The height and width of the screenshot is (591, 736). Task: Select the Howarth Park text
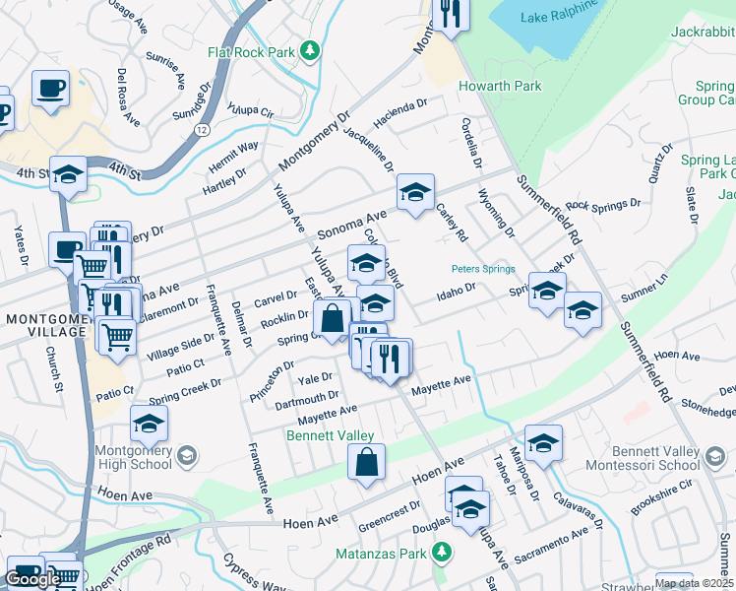(500, 86)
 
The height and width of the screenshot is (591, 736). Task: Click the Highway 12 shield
(201, 129)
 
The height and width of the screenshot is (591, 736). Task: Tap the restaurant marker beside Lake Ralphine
(451, 15)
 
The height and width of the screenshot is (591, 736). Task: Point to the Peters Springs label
(483, 268)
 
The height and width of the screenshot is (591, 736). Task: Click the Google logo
(32, 579)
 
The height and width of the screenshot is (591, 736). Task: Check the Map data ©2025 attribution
(694, 583)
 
